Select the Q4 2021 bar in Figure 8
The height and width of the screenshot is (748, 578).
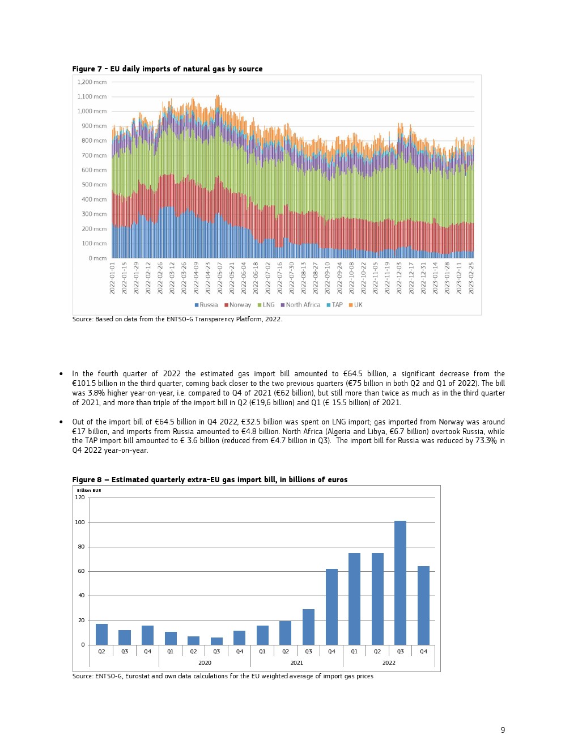[331, 606]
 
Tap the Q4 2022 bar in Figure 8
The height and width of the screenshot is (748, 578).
[423, 605]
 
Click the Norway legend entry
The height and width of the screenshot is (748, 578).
[237, 305]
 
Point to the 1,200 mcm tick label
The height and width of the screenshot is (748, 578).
[92, 82]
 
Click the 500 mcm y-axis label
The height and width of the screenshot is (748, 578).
[94, 185]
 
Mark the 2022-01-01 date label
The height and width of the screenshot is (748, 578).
[112, 278]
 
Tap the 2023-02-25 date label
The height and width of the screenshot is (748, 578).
[471, 278]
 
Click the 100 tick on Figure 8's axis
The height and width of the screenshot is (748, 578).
[80, 522]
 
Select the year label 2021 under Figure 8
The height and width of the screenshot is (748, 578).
[296, 662]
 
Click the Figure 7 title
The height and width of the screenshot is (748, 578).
[167, 69]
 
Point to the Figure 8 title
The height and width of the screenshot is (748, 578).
[210, 480]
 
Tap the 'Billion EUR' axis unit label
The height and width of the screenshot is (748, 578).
[89, 490]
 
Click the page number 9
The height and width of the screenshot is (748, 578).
[503, 730]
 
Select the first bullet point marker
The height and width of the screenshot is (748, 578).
[61, 374]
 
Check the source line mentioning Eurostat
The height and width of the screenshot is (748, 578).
[223, 676]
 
